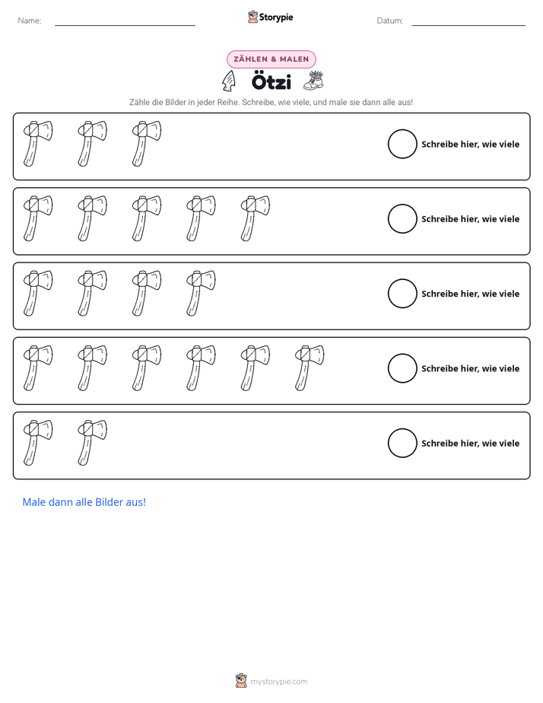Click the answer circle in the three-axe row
pos(388,144)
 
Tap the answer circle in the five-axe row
pos(388,219)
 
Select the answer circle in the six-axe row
pos(388,368)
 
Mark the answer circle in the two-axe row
pos(388,443)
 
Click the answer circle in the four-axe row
pos(388,294)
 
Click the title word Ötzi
pos(271,81)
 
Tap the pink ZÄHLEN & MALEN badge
pos(271,59)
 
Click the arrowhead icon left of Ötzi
pos(229,81)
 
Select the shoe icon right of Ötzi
pos(313,81)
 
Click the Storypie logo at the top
pos(271,17)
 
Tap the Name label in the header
pos(30,21)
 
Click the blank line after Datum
pos(468,25)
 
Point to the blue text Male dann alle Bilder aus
pos(84,502)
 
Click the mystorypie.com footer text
pos(278,682)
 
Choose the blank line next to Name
pos(125,25)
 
